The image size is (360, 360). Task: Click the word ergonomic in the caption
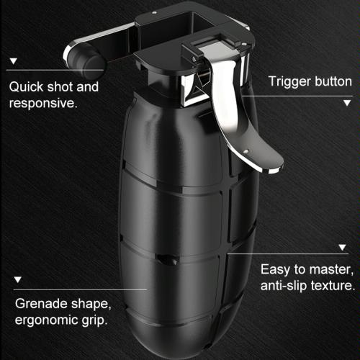coord(46,320)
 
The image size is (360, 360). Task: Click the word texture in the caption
coord(332,286)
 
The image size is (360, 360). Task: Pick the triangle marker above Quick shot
coord(14,61)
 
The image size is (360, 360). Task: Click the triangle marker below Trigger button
coord(347,103)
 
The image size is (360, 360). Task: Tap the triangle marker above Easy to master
coord(342,247)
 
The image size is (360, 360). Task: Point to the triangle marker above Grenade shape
coord(18,279)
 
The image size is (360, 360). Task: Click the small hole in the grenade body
coord(167,259)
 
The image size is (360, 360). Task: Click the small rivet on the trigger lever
coord(246,151)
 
